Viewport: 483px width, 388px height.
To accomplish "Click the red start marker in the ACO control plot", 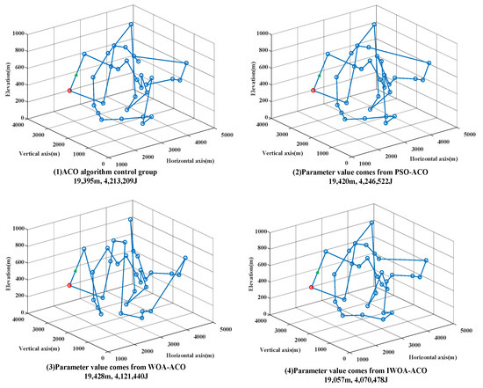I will (x=69, y=91).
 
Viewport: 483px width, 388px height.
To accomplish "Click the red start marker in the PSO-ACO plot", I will (x=314, y=90).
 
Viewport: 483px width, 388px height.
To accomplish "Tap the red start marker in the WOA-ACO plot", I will (x=69, y=285).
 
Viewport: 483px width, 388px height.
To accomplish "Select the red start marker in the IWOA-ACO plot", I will (x=311, y=287).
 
